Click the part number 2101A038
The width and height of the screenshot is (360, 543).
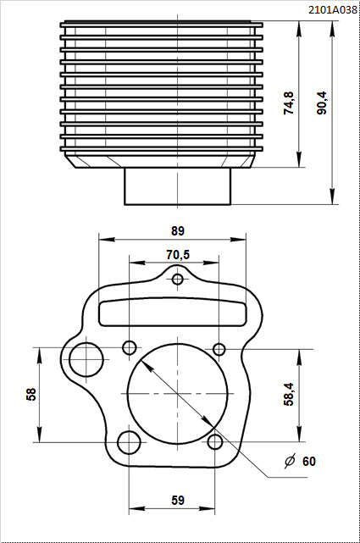(x=332, y=10)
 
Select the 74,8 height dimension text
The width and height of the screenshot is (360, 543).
(x=289, y=103)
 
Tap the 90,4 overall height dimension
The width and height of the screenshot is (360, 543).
(x=322, y=103)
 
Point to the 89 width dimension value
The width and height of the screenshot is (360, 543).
(x=178, y=231)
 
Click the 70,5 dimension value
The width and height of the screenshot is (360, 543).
(x=178, y=255)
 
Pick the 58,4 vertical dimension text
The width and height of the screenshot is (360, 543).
(x=289, y=394)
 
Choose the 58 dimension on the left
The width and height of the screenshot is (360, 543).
(x=31, y=395)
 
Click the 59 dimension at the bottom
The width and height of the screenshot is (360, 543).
(x=178, y=501)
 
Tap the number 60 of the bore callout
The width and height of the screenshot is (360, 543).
(x=309, y=462)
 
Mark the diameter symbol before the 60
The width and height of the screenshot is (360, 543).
(x=290, y=461)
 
